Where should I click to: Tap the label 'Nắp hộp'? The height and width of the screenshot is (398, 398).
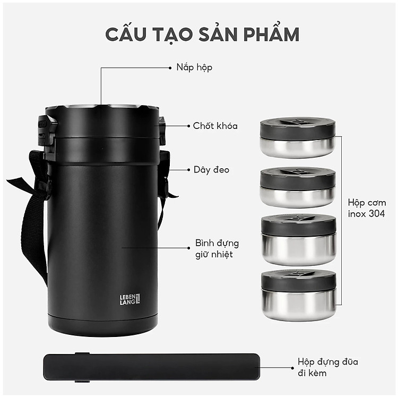coord(194,67)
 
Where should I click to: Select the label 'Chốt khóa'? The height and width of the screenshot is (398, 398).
coord(215,126)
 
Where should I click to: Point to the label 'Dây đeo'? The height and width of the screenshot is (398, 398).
coord(211,170)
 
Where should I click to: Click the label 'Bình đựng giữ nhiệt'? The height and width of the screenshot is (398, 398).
coord(217,249)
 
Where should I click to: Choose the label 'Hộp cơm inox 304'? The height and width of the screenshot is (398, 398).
coord(367,208)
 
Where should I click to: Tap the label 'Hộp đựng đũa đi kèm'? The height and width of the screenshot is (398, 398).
coord(328,367)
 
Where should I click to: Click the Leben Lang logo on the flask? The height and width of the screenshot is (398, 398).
coord(129,299)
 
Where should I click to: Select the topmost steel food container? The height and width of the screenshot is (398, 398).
coord(298,137)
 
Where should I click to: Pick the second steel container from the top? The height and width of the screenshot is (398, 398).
coord(298,187)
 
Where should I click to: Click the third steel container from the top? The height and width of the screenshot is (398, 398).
coord(299,240)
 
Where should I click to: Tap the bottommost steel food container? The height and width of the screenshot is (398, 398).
coord(299,295)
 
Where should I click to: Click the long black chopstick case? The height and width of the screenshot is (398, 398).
coord(152,367)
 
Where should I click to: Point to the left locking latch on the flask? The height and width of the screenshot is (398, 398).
coord(47,135)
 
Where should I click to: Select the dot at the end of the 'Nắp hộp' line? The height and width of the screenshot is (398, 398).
coord(170,68)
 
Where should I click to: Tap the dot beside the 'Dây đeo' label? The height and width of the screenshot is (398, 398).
coord(188,170)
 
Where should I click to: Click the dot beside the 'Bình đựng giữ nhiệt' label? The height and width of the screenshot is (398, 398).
coord(188,248)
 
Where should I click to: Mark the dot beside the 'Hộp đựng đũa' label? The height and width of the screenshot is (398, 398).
coord(292,368)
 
